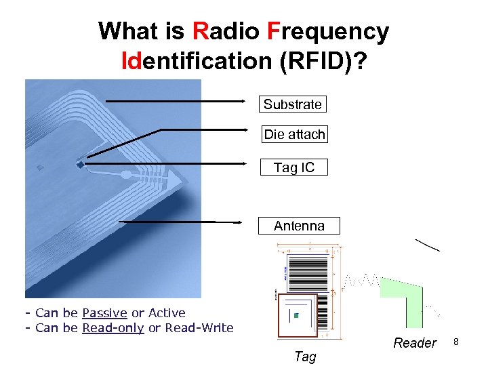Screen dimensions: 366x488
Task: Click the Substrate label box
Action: pos(292,104)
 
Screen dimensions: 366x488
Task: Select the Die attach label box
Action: pos(294,134)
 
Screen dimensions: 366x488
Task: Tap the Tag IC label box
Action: pos(294,167)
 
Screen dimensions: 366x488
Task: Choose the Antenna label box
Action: pos(299,226)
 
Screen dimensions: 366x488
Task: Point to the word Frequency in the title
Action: pos(328,31)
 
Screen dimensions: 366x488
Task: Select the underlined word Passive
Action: pos(104,313)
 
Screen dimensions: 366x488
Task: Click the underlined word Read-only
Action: pos(113,328)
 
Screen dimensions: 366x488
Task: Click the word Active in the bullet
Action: pos(167,313)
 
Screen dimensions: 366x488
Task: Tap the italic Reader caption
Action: pos(415,343)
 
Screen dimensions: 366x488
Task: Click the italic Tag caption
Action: pos(305,357)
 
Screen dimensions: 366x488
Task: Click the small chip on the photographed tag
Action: pos(80,163)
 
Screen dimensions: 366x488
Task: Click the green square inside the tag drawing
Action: pos(296,317)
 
